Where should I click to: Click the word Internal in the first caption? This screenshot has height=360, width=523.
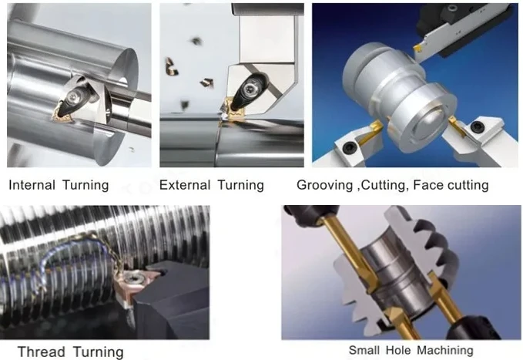[32, 185]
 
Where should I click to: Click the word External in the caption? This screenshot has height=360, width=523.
[184, 185]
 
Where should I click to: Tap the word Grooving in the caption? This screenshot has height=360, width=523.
[325, 185]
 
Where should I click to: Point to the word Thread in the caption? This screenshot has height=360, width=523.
[41, 352]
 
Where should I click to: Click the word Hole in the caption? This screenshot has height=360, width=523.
[398, 350]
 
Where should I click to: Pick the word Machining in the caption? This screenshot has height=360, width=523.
[445, 350]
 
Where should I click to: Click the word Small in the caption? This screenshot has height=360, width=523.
[364, 350]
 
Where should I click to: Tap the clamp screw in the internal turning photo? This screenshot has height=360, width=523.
[74, 97]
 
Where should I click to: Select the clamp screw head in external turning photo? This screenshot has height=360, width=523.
[250, 89]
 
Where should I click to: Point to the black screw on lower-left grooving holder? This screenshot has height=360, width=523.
[350, 146]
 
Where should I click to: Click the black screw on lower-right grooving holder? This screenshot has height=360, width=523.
[475, 126]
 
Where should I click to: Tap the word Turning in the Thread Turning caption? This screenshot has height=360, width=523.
[99, 352]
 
